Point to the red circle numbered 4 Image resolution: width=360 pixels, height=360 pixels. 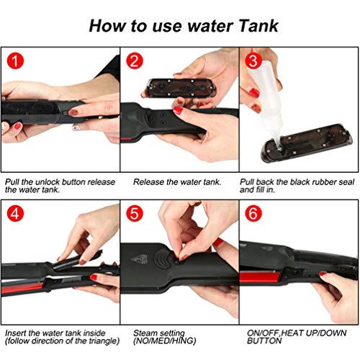tap(17, 215)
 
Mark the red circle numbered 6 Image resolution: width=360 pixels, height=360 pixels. tap(253, 215)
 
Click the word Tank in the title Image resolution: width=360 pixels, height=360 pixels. tap(252, 27)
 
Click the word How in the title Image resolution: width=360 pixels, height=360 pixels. tap(109, 27)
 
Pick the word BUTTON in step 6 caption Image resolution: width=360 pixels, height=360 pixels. tap(261, 343)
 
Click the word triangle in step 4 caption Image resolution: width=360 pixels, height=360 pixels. tap(85, 343)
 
